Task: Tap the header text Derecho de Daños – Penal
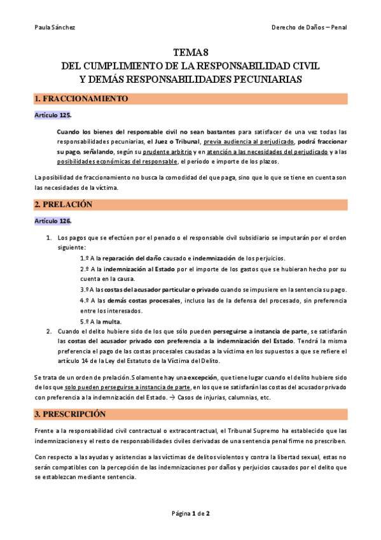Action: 308,27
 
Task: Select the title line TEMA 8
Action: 190,53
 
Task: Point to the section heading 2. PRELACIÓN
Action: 64,204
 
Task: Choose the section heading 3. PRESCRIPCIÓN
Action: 71,414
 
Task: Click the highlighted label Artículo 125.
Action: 53,115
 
